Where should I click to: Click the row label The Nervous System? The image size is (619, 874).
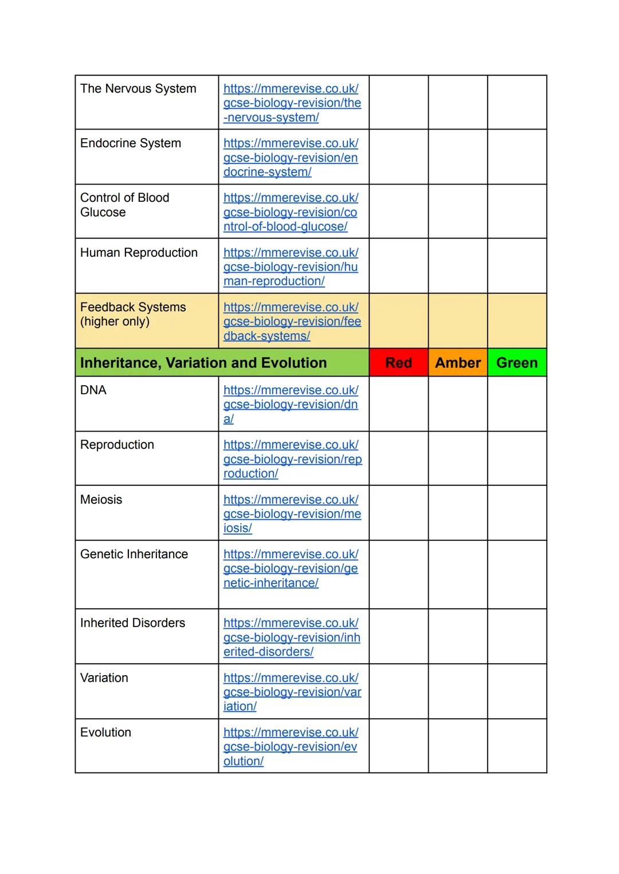[x=138, y=89]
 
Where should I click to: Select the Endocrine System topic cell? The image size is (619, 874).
[x=131, y=143]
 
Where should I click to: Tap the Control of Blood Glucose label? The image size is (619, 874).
[x=124, y=205]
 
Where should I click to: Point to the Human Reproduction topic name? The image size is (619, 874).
[x=139, y=253]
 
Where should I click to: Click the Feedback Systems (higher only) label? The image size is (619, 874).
[x=133, y=314]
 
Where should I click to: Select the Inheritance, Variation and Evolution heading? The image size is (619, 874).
[x=203, y=363]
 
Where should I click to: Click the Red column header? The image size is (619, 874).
[x=398, y=363]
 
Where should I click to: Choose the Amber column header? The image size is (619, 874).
[x=457, y=363]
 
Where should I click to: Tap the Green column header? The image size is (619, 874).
[x=517, y=363]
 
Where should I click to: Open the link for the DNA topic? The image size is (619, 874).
[x=291, y=404]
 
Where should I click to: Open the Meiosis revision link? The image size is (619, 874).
[x=292, y=514]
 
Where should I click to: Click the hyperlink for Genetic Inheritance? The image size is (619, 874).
[x=291, y=569]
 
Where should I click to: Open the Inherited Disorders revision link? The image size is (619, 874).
[x=292, y=637]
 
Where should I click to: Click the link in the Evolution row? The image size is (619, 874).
[x=291, y=747]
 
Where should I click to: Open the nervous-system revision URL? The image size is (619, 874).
[x=292, y=103]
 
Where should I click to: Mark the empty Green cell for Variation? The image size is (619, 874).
[x=517, y=691]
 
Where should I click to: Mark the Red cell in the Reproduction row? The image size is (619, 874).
[x=398, y=458]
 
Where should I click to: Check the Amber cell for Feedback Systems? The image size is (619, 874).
[x=457, y=321]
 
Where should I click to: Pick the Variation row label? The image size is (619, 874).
[x=104, y=678]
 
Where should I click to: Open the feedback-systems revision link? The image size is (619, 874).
[x=292, y=322]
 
